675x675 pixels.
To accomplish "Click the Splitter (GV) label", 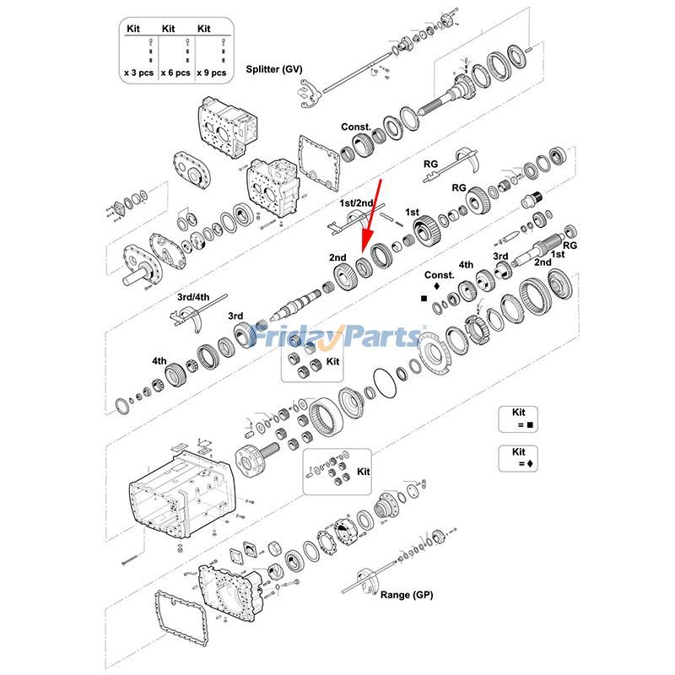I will point(273,68).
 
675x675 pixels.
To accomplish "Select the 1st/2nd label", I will point(357,203).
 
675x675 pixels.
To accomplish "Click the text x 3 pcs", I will point(139,73).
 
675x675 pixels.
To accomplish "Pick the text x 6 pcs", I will point(175,73).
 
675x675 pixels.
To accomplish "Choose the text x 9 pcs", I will point(211,73).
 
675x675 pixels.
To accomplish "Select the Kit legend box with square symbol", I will point(518,419).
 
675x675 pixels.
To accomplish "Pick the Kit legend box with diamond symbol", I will point(518,458).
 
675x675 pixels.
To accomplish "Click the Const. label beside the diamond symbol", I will point(439,275).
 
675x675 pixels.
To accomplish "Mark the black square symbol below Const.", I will point(424,298).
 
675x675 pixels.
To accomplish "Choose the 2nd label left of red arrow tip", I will point(337,256).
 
